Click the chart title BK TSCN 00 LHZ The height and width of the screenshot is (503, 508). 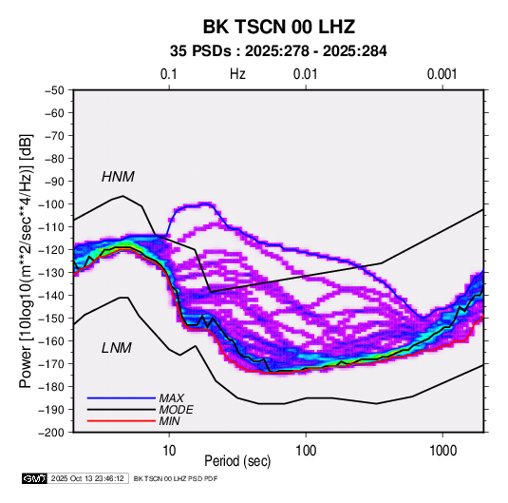(x=279, y=27)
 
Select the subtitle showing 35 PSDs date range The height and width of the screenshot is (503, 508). (x=278, y=51)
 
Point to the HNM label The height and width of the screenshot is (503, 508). (x=118, y=177)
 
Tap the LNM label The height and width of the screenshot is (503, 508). (x=117, y=348)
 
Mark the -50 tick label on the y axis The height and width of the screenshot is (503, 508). (x=55, y=90)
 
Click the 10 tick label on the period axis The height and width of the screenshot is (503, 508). (x=169, y=451)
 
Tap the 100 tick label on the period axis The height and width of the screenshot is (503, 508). (x=306, y=451)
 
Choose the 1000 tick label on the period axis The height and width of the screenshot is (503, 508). (x=442, y=451)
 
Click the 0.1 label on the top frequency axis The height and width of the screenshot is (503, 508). (x=169, y=74)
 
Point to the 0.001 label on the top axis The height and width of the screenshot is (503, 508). (x=442, y=74)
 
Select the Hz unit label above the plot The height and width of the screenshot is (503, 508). (x=237, y=74)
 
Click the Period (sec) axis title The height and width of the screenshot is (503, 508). (x=237, y=461)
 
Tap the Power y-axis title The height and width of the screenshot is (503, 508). (x=26, y=261)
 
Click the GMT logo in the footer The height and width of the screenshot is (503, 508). (x=34, y=478)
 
